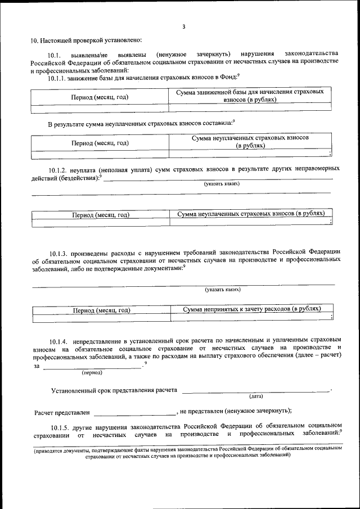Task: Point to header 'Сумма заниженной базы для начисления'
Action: (x=251, y=92)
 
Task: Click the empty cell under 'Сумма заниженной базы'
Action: (x=251, y=107)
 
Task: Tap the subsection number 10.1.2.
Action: (x=59, y=169)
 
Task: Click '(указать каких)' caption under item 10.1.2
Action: (x=222, y=183)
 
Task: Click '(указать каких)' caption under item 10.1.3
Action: (x=223, y=290)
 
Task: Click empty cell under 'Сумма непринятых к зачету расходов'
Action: (x=251, y=318)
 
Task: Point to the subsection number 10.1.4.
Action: (x=59, y=341)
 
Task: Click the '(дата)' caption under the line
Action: (x=256, y=395)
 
